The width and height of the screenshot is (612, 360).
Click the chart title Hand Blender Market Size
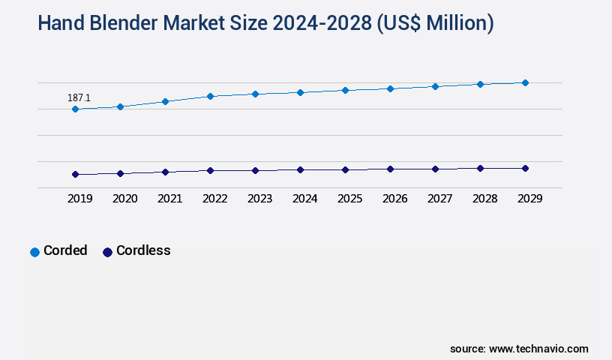click(x=265, y=23)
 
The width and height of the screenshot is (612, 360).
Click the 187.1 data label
click(x=79, y=97)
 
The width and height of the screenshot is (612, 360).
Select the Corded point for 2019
click(x=75, y=109)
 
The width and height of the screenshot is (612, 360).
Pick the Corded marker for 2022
click(x=210, y=96)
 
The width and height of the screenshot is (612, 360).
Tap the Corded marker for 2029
click(x=525, y=82)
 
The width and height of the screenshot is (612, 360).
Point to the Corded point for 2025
click(x=345, y=90)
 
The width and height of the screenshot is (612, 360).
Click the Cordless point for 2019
click(x=75, y=175)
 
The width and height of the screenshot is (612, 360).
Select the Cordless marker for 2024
click(x=300, y=170)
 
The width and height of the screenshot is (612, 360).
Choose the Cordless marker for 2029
click(x=525, y=168)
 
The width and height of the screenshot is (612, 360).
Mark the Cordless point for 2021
click(x=165, y=172)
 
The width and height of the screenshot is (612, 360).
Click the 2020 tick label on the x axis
click(x=124, y=199)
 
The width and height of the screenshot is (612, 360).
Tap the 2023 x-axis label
click(x=259, y=199)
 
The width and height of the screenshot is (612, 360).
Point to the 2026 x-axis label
click(x=394, y=199)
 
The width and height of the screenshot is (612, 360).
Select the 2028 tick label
click(x=484, y=199)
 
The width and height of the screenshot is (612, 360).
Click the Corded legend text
click(x=65, y=250)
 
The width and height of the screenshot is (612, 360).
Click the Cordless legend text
click(x=143, y=250)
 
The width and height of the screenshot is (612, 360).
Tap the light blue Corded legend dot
click(x=34, y=252)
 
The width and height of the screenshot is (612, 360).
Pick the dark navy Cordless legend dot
click(x=107, y=252)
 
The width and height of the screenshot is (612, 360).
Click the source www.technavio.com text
click(x=519, y=349)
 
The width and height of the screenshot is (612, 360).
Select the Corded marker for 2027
click(x=435, y=86)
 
